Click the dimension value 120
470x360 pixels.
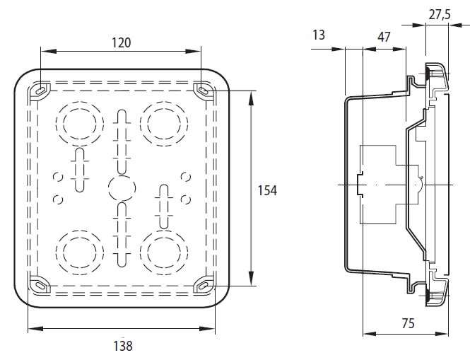[x=122, y=42]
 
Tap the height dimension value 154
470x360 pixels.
[x=266, y=190]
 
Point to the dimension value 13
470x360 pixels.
[x=319, y=35]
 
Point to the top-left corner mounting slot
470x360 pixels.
[x=40, y=90]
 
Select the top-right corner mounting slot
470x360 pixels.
[x=204, y=90]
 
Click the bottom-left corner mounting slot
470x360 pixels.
[x=40, y=284]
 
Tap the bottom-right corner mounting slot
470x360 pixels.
[x=204, y=285]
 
